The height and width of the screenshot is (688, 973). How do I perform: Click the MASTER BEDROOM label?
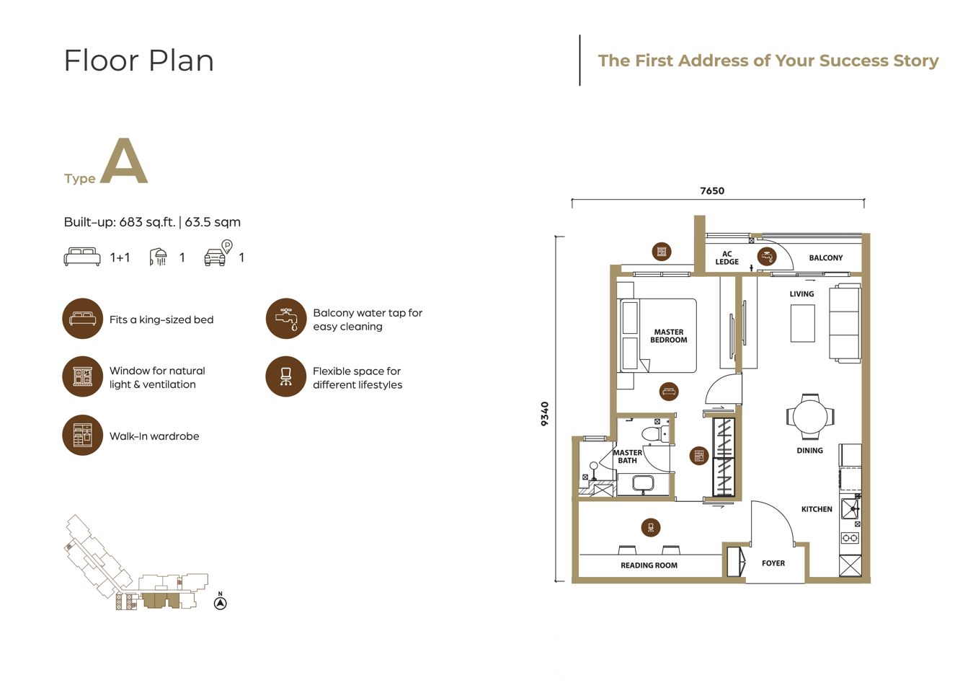(669, 336)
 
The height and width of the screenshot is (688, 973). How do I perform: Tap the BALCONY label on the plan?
(826, 257)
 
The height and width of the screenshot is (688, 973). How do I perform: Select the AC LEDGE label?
(727, 257)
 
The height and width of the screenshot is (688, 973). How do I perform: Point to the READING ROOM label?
(649, 565)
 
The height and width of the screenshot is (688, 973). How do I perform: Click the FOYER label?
(773, 563)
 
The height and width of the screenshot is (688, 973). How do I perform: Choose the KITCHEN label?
(817, 509)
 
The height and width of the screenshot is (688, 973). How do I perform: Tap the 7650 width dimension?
(712, 190)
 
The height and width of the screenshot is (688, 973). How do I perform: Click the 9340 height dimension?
(545, 414)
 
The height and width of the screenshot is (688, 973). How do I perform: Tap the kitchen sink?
(850, 509)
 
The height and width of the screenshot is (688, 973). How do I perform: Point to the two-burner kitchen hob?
(850, 538)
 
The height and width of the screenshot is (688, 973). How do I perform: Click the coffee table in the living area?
(802, 323)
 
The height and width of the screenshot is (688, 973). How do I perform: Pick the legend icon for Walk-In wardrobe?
(83, 435)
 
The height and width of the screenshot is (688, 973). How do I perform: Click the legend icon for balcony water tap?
(286, 319)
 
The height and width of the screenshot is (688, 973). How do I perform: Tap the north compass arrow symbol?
(221, 603)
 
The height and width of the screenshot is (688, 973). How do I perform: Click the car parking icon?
(218, 253)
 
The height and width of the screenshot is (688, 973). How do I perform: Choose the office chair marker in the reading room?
(651, 528)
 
